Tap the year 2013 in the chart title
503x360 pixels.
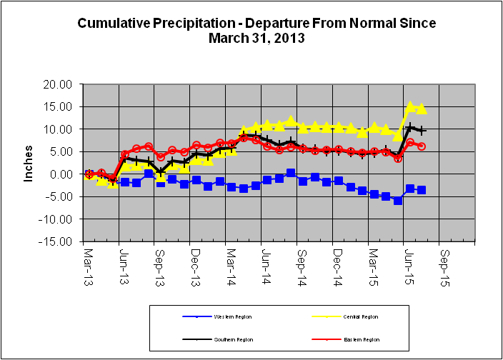(x=291, y=38)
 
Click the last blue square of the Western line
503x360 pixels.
(x=422, y=190)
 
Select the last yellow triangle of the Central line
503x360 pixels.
(x=422, y=109)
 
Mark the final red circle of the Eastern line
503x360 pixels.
(x=422, y=146)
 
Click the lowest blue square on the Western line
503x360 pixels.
(x=398, y=201)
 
